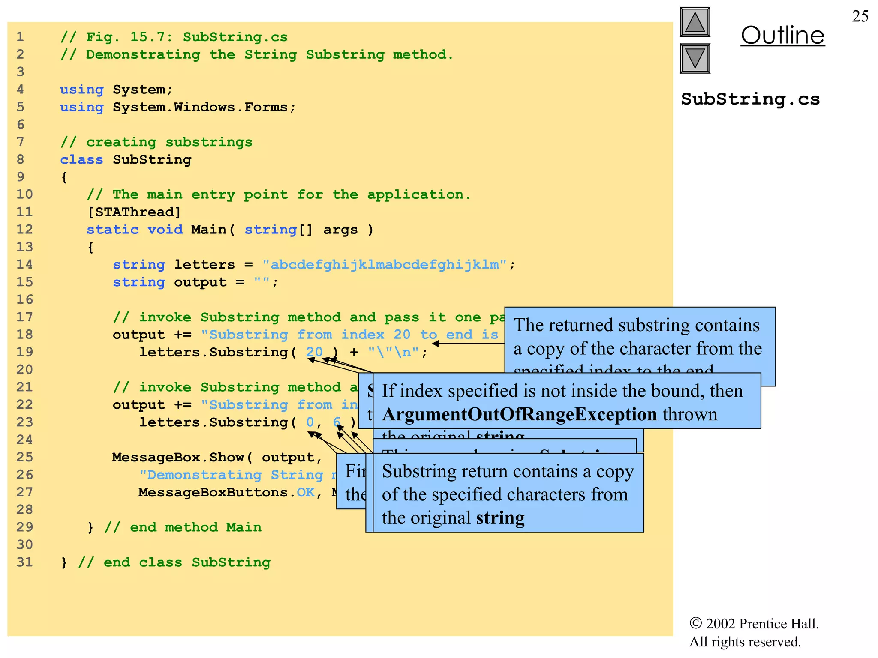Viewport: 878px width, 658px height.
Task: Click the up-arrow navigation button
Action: [695, 22]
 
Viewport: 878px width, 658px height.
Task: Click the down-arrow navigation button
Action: [695, 58]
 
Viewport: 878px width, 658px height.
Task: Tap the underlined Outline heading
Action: [782, 35]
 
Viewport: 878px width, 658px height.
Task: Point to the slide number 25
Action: [860, 16]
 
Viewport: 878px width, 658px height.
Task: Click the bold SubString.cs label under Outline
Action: [750, 99]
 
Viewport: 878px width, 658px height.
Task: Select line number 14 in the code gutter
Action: [24, 264]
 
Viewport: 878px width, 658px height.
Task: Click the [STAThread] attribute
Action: [134, 212]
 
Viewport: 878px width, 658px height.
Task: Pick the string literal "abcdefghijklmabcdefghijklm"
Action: [385, 264]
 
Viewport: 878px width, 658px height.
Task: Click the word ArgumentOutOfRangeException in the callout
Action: [520, 414]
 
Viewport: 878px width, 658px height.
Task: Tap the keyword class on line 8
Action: [81, 159]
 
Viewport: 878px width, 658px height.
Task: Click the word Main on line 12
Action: [209, 230]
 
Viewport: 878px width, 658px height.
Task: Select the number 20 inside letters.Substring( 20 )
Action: [314, 352]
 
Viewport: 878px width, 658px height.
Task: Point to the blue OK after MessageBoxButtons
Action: [305, 492]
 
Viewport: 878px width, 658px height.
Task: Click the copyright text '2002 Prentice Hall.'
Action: [762, 624]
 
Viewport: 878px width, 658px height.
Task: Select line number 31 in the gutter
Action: [24, 562]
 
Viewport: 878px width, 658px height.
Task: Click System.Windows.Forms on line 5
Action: [200, 107]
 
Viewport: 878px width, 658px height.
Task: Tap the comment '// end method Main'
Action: [183, 527]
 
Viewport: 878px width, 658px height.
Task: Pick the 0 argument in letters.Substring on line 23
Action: [310, 422]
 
